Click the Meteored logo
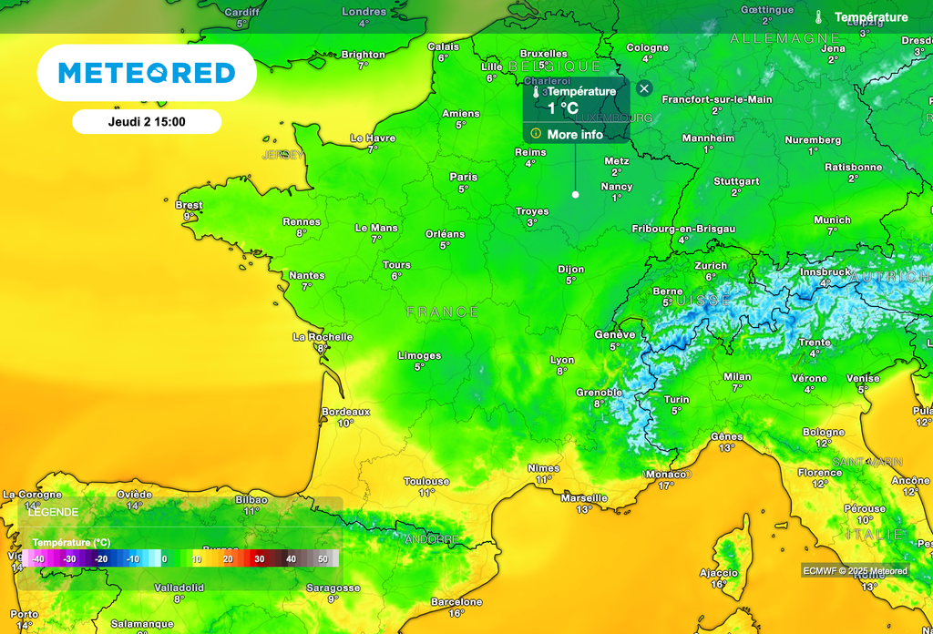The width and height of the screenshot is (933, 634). [147, 73]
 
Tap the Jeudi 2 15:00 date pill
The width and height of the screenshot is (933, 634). [147, 121]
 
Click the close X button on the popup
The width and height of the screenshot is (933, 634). [644, 88]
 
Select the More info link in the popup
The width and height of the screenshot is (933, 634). [575, 134]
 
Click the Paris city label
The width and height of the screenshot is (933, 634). [464, 178]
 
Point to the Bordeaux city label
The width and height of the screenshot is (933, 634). [346, 412]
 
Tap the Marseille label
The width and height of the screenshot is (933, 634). [584, 498]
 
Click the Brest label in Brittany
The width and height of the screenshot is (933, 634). [189, 206]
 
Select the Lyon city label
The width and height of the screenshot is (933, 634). [562, 361]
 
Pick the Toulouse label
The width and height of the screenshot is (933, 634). [426, 481]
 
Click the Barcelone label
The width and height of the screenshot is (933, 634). [456, 602]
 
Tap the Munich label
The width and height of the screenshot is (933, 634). [832, 220]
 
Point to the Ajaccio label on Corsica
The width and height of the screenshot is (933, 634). [718, 573]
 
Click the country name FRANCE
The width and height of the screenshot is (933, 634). [443, 312]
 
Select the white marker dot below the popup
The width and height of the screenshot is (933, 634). [575, 195]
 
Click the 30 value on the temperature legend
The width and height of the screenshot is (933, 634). [260, 558]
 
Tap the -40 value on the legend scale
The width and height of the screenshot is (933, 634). [38, 558]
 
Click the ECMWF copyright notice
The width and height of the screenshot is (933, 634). [855, 571]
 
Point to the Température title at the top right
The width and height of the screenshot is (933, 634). [871, 17]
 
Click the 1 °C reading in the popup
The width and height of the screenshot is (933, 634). [562, 108]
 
